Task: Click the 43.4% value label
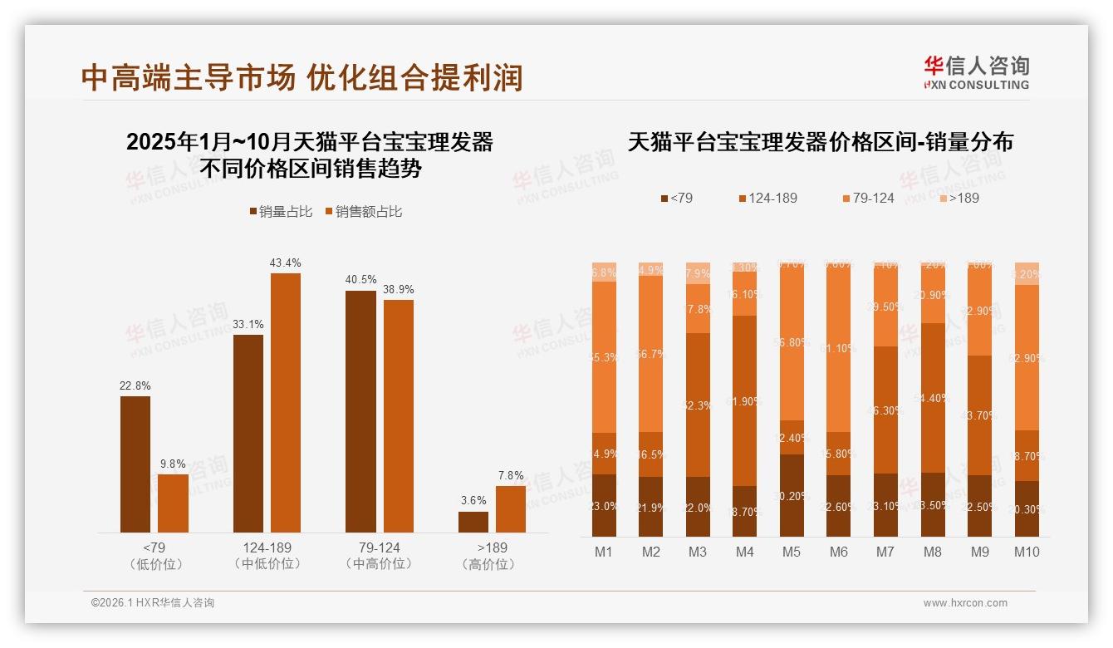(285, 263)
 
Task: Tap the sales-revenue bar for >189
(511, 508)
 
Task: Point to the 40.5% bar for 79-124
(360, 411)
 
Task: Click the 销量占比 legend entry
(281, 212)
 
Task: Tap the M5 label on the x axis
(792, 552)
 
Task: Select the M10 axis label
(1027, 552)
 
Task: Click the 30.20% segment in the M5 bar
(792, 495)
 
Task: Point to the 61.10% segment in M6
(839, 348)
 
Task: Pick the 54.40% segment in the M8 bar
(933, 398)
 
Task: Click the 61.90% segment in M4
(745, 400)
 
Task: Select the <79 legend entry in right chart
(676, 198)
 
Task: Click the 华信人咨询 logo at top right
(976, 72)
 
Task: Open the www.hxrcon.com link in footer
(965, 603)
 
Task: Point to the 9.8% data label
(173, 464)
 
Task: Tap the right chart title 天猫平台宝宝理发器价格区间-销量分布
(821, 141)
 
